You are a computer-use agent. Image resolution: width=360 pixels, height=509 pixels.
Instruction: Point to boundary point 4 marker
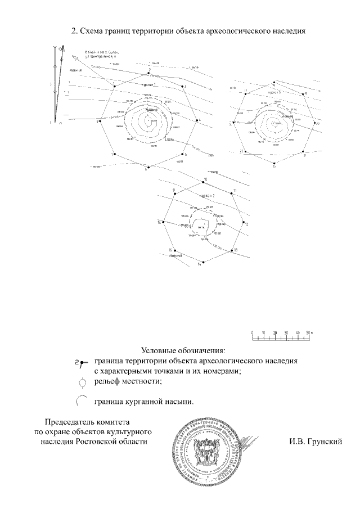195,120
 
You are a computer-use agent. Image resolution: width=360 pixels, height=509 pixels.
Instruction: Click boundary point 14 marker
202,262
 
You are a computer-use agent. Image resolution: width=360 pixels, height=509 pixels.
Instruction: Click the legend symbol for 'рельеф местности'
83,382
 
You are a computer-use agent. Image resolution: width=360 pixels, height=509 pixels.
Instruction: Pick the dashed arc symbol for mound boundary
82,401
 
